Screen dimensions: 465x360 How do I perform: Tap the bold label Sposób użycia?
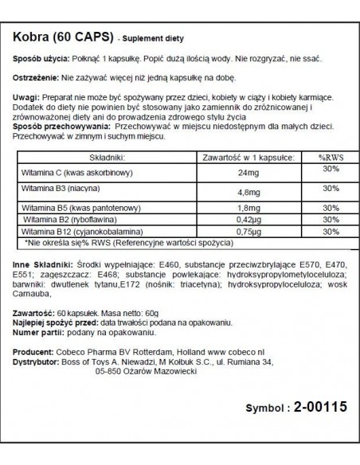coord(37,60)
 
